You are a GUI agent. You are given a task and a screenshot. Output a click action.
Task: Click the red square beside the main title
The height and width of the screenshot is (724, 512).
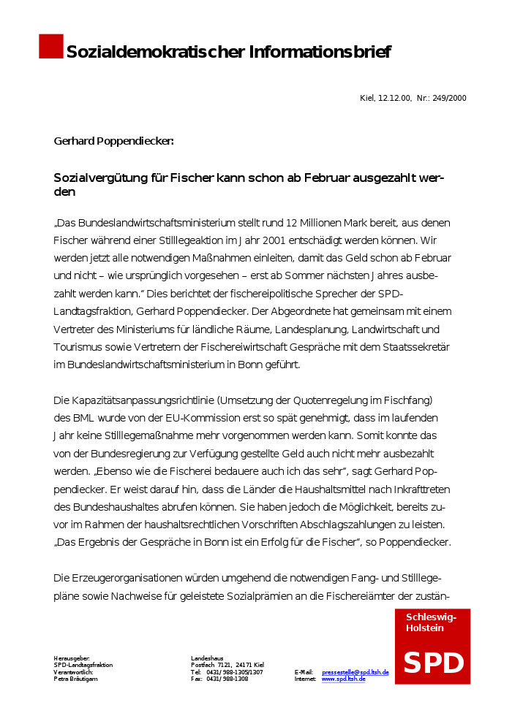click(x=51, y=46)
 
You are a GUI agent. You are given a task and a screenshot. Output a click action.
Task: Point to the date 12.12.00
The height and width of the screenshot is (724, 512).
click(x=394, y=98)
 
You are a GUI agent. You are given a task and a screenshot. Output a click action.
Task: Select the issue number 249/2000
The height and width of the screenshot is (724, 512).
click(x=449, y=98)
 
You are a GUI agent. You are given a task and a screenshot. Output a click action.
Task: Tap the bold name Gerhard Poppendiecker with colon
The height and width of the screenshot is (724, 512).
click(x=113, y=140)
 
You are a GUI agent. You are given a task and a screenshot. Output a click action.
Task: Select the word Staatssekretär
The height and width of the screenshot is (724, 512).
click(x=416, y=346)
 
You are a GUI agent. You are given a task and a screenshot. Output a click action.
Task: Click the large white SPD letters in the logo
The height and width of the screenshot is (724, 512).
click(x=433, y=663)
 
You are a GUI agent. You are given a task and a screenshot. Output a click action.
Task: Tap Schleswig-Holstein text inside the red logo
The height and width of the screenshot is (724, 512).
click(x=431, y=622)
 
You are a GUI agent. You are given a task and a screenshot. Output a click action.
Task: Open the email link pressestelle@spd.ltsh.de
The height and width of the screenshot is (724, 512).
click(x=355, y=672)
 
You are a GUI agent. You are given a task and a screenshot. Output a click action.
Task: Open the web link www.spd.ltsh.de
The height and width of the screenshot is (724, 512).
click(x=343, y=679)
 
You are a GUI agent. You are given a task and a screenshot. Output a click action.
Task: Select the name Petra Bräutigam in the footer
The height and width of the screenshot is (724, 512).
click(x=75, y=679)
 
